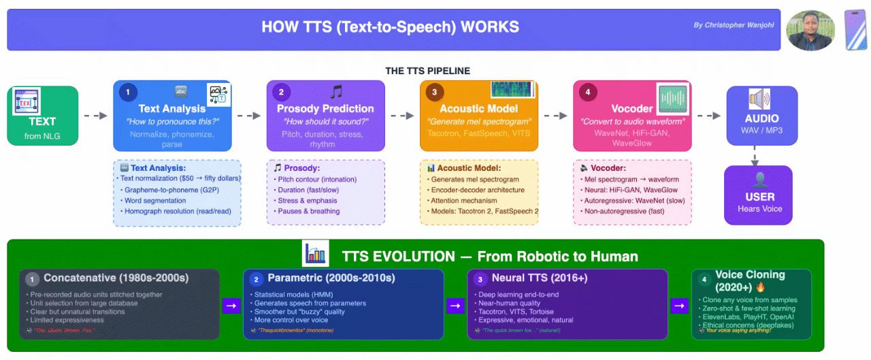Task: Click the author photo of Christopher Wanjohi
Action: (810, 31)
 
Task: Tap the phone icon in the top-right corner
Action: (855, 30)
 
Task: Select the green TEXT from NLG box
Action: (43, 116)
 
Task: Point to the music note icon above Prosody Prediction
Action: (336, 92)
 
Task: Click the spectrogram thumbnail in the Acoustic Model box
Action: (513, 91)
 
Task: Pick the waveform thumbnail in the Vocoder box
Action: (674, 99)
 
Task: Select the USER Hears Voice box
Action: (759, 194)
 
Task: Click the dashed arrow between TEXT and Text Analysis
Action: (95, 116)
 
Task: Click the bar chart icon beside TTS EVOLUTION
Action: (316, 254)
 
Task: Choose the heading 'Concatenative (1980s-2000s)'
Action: (116, 278)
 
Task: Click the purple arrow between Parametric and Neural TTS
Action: (455, 306)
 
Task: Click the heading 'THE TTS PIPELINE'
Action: (427, 71)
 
